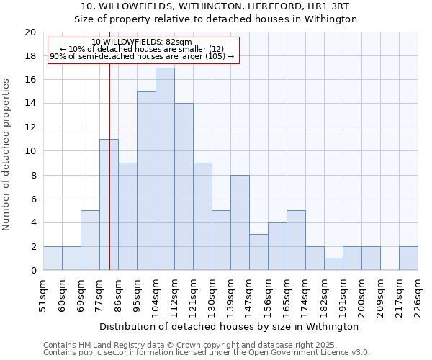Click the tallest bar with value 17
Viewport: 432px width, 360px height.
[165, 169]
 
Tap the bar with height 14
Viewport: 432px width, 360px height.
[184, 187]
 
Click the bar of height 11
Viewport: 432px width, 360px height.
[109, 204]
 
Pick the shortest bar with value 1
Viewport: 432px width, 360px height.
[333, 264]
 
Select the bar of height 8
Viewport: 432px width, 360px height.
[240, 222]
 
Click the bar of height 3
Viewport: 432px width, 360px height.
[258, 252]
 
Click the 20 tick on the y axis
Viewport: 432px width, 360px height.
[30, 32]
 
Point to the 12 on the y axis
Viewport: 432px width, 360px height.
[30, 127]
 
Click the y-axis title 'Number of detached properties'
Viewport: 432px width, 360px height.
[6, 155]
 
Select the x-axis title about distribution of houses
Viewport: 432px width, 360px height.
[230, 326]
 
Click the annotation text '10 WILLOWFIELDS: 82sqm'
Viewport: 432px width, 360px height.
[142, 42]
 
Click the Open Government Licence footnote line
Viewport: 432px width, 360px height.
[207, 353]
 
